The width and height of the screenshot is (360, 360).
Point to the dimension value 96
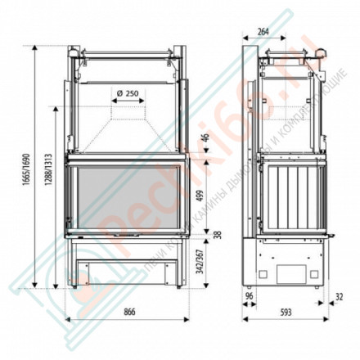click(249, 296)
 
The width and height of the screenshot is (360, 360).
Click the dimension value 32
click(340, 296)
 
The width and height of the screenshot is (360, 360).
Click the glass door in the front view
click(127, 196)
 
